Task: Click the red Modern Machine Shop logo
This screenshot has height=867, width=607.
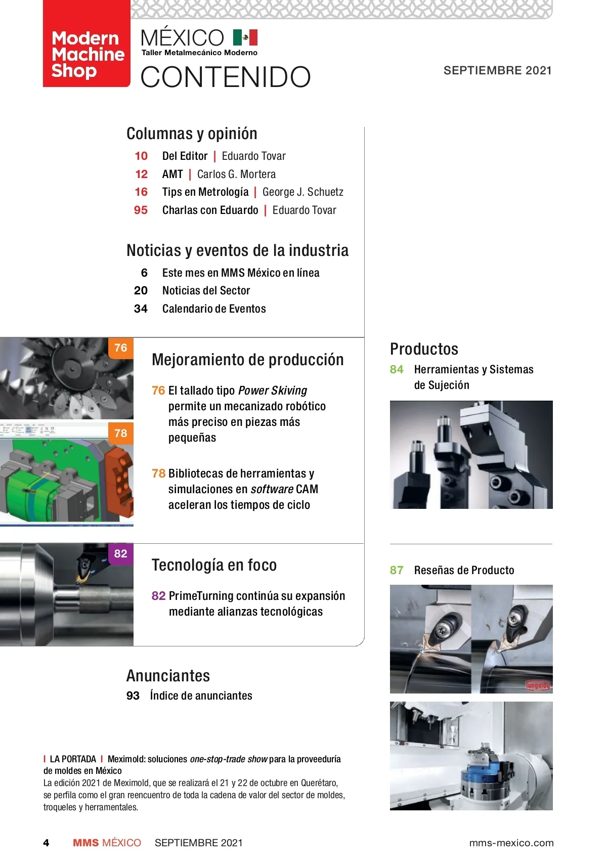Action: [x=86, y=44]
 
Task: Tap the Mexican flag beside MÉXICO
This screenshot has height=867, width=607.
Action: [x=245, y=37]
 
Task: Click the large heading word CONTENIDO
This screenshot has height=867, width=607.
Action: [x=226, y=77]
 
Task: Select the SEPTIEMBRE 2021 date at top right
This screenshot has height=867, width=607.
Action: [x=497, y=70]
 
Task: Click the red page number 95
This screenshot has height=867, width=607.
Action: [x=141, y=210]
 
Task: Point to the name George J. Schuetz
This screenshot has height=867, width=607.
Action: [x=302, y=192]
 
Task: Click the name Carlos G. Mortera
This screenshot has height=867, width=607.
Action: [x=236, y=174]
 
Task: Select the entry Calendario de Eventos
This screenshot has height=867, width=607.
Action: [x=214, y=309]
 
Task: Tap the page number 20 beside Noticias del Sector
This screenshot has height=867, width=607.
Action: [x=141, y=291]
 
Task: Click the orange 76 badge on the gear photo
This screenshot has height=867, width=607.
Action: [x=121, y=348]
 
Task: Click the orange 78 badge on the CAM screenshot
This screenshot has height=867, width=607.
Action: [x=121, y=432]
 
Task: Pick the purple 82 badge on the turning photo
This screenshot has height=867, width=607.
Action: [x=121, y=553]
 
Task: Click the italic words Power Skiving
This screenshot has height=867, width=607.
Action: [x=273, y=391]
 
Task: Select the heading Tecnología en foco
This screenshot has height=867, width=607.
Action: [x=214, y=565]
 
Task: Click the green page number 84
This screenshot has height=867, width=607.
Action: [x=397, y=370]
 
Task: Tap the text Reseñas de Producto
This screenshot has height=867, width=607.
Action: [x=464, y=570]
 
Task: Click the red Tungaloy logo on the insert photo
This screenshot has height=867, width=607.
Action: [x=537, y=685]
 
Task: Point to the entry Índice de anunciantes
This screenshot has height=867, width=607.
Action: [x=201, y=696]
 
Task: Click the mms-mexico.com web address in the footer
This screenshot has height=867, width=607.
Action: [x=511, y=843]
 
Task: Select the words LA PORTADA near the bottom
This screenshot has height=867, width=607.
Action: [x=73, y=759]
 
